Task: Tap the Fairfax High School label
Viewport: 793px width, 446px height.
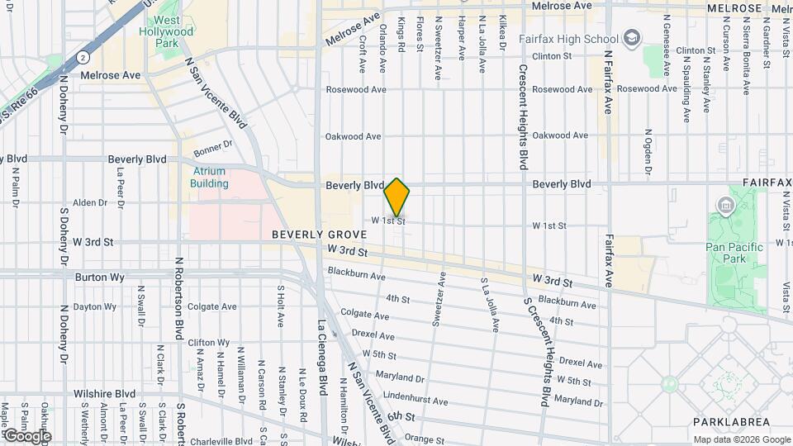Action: [x=568, y=39]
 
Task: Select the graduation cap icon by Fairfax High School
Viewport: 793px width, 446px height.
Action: [x=632, y=38]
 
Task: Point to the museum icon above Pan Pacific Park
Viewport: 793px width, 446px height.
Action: [x=726, y=204]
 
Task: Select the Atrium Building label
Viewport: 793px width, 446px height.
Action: [x=209, y=177]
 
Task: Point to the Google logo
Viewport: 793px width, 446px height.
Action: [x=26, y=435]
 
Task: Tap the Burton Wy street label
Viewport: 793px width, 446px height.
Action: [x=99, y=278]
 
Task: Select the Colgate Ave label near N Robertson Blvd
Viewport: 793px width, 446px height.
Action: [x=213, y=307]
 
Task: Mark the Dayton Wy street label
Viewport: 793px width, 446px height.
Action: [x=95, y=307]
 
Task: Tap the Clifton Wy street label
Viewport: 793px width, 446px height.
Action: [x=208, y=342]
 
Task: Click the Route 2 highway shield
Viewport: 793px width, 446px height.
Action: [x=84, y=58]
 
